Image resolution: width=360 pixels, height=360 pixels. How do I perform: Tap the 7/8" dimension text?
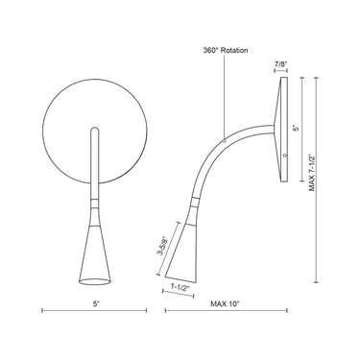(280, 65)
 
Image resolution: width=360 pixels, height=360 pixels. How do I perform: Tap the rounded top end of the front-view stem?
(95, 129)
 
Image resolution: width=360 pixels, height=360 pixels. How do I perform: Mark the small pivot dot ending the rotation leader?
(224, 139)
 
